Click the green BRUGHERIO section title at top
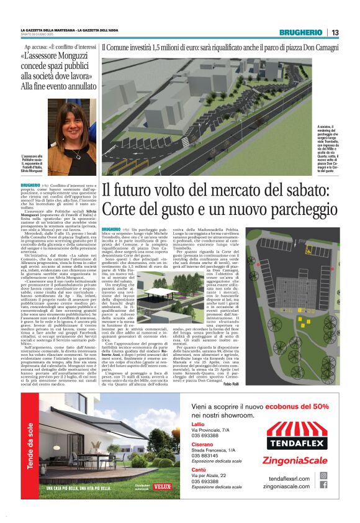[x=300, y=32]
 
